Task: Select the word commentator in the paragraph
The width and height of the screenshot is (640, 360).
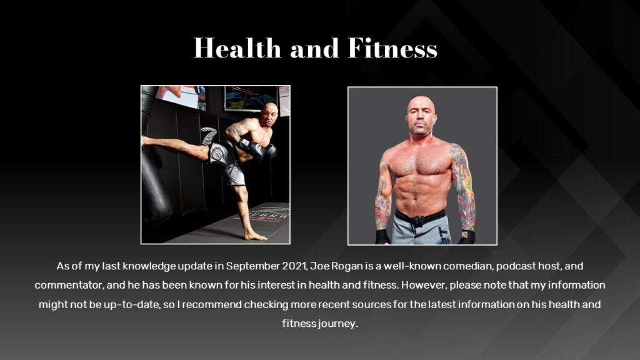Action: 66,286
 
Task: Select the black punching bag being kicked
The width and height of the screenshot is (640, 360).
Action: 154,181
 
